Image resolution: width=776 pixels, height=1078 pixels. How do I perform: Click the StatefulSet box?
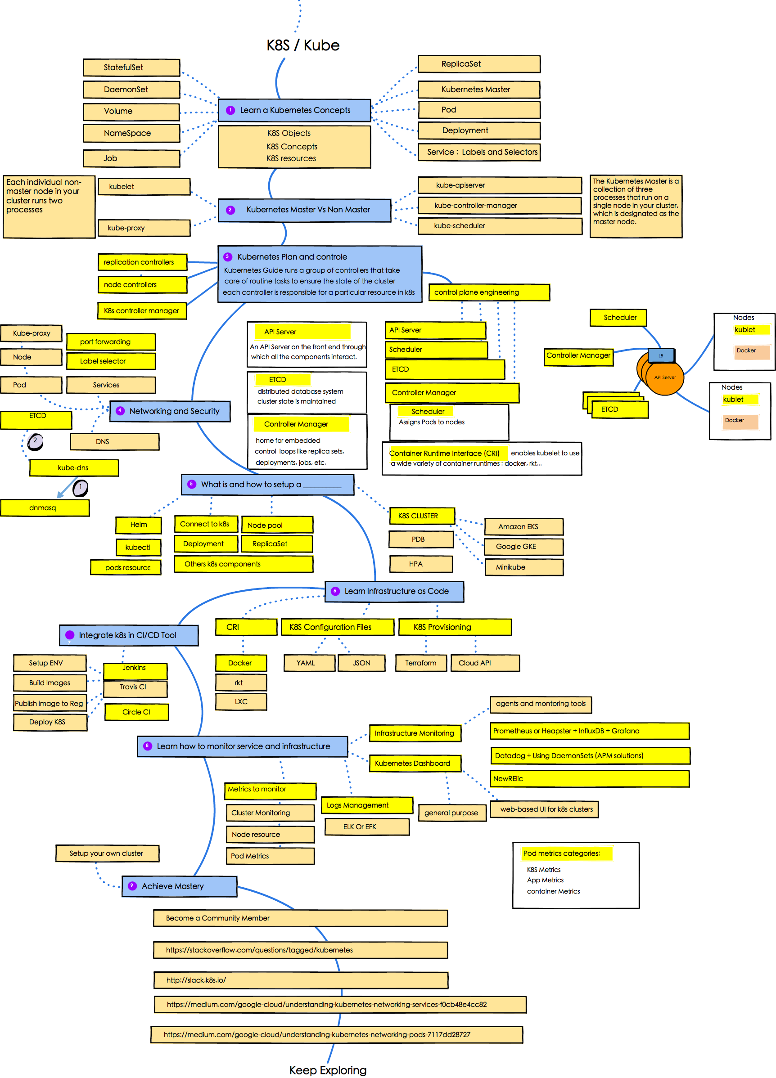131,67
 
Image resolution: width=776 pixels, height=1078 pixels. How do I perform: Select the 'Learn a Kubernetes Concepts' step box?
294,110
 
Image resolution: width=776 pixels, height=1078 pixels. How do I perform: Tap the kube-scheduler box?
499,226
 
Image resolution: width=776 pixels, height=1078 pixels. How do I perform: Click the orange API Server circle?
665,377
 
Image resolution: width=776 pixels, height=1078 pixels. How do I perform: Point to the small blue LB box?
661,355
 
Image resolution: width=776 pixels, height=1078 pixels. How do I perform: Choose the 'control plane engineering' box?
489,292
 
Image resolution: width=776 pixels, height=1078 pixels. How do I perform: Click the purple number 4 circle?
120,411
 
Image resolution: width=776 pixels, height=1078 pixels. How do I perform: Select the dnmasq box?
45,508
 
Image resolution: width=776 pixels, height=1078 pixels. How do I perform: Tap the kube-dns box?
74,468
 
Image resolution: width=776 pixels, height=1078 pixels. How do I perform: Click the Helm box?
138,525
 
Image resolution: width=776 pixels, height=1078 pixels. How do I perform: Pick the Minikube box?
523,567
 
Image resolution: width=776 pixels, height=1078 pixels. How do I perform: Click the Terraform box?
421,663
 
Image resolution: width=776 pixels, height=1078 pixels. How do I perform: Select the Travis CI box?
135,687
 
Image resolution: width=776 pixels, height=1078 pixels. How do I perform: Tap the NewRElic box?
589,778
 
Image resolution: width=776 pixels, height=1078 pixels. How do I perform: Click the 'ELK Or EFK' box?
366,826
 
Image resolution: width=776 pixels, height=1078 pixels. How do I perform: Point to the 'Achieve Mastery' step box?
179,886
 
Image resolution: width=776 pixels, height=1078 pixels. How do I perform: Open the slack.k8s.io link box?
301,980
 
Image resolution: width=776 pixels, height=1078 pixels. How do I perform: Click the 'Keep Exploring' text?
328,1070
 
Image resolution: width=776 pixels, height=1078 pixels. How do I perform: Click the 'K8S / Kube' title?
303,45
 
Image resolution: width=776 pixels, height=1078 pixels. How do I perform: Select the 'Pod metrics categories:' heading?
561,853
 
